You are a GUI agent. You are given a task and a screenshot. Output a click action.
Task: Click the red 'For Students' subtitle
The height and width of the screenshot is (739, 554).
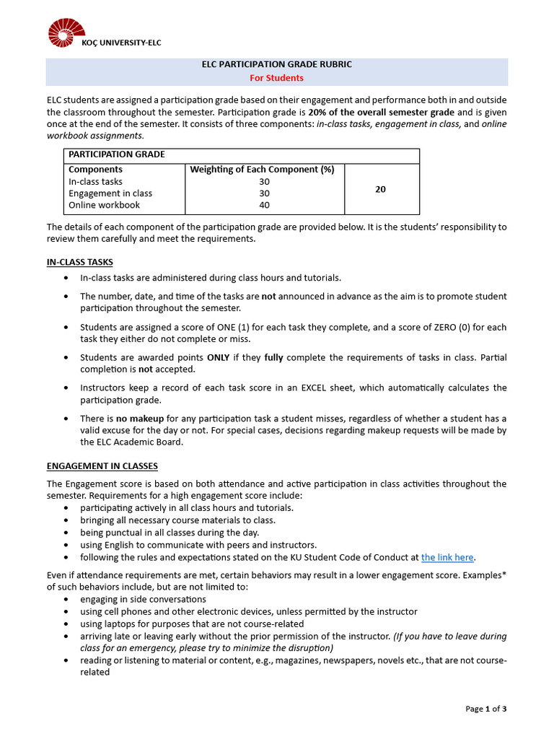pyautogui.click(x=277, y=78)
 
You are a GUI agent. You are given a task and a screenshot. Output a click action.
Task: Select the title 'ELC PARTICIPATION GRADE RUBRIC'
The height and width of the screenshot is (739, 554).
pyautogui.click(x=277, y=65)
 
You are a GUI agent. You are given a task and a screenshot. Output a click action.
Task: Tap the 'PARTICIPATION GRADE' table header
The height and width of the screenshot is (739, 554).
pyautogui.click(x=117, y=154)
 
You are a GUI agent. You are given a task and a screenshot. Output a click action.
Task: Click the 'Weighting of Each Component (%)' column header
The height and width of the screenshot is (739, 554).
pyautogui.click(x=262, y=170)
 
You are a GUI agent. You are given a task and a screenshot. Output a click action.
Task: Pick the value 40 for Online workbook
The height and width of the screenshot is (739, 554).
pyautogui.click(x=264, y=205)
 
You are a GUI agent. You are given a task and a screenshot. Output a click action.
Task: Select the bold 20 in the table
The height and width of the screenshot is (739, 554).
pyautogui.click(x=381, y=189)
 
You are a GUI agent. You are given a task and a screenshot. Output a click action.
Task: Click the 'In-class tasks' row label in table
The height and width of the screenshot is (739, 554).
pyautogui.click(x=95, y=182)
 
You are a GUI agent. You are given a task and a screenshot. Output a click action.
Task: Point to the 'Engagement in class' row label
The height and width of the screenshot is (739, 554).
pyautogui.click(x=110, y=193)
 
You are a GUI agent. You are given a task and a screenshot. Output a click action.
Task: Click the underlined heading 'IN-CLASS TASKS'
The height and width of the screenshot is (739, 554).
pyautogui.click(x=80, y=262)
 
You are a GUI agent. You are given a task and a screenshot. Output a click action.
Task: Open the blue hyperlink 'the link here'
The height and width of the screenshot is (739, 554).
pyautogui.click(x=447, y=557)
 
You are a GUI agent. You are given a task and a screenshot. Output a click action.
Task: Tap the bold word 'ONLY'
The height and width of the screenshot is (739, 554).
pyautogui.click(x=219, y=357)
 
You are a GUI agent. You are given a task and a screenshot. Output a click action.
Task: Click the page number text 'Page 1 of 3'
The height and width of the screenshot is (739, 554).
pyautogui.click(x=485, y=709)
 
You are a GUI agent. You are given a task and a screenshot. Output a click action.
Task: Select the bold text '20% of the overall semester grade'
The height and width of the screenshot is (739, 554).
pyautogui.click(x=382, y=113)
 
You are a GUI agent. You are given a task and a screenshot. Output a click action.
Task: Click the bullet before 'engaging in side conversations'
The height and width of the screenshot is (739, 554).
pyautogui.click(x=67, y=600)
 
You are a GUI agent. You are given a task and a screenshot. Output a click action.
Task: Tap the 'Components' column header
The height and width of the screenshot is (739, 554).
pyautogui.click(x=95, y=170)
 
